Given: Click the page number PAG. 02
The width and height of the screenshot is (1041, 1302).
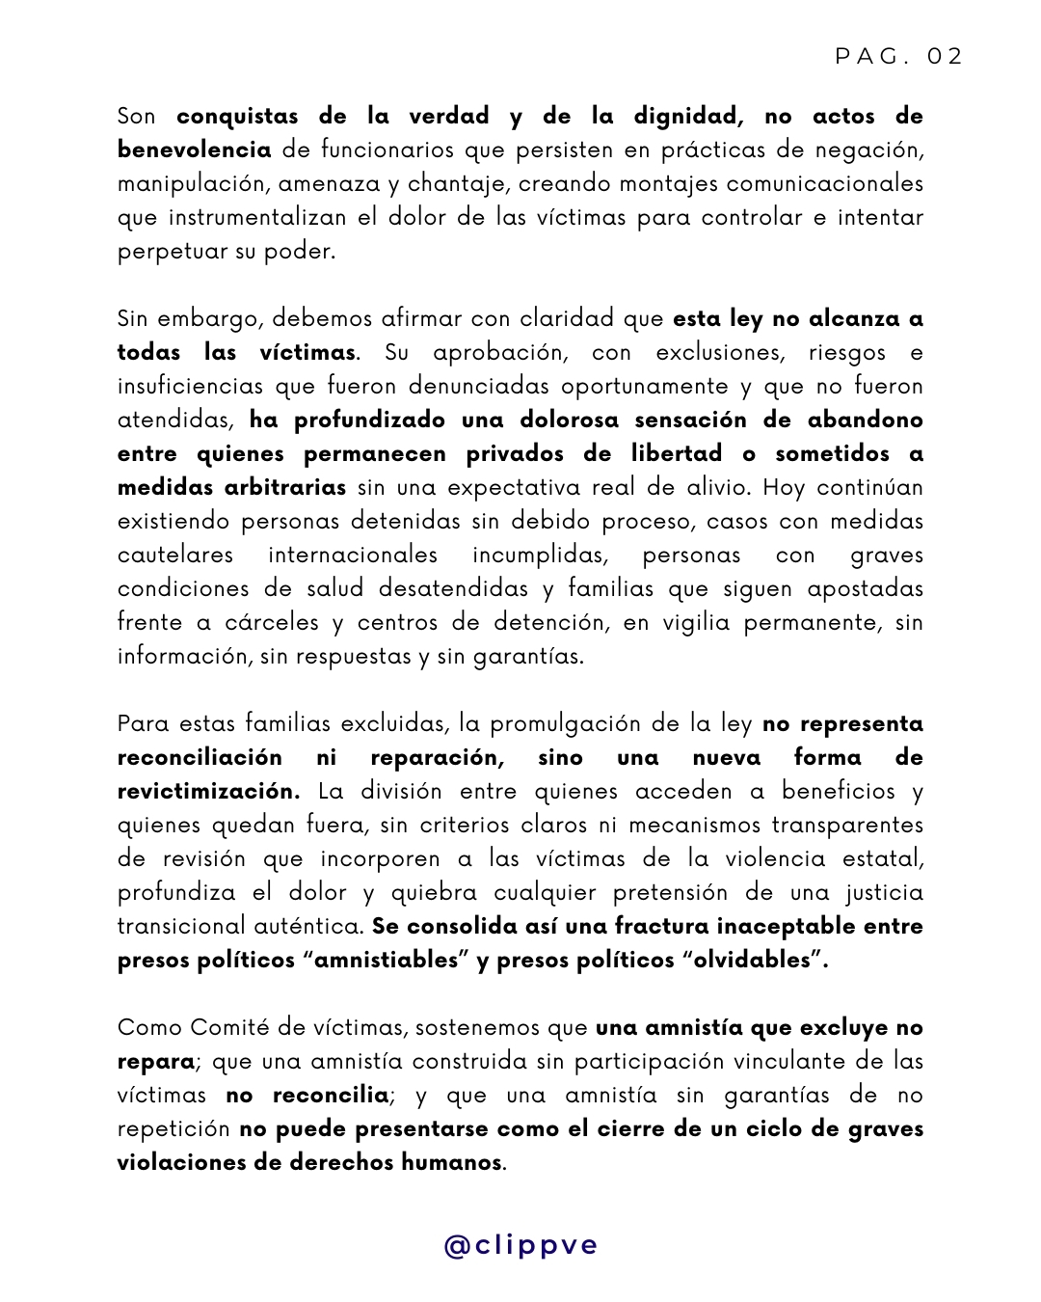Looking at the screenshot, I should pos(898,56).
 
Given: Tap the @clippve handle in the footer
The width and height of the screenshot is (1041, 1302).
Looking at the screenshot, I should pos(520,1245).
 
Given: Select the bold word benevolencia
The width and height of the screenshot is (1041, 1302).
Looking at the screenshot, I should pos(194,149).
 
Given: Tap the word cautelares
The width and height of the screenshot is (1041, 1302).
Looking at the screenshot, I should pos(175,556).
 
